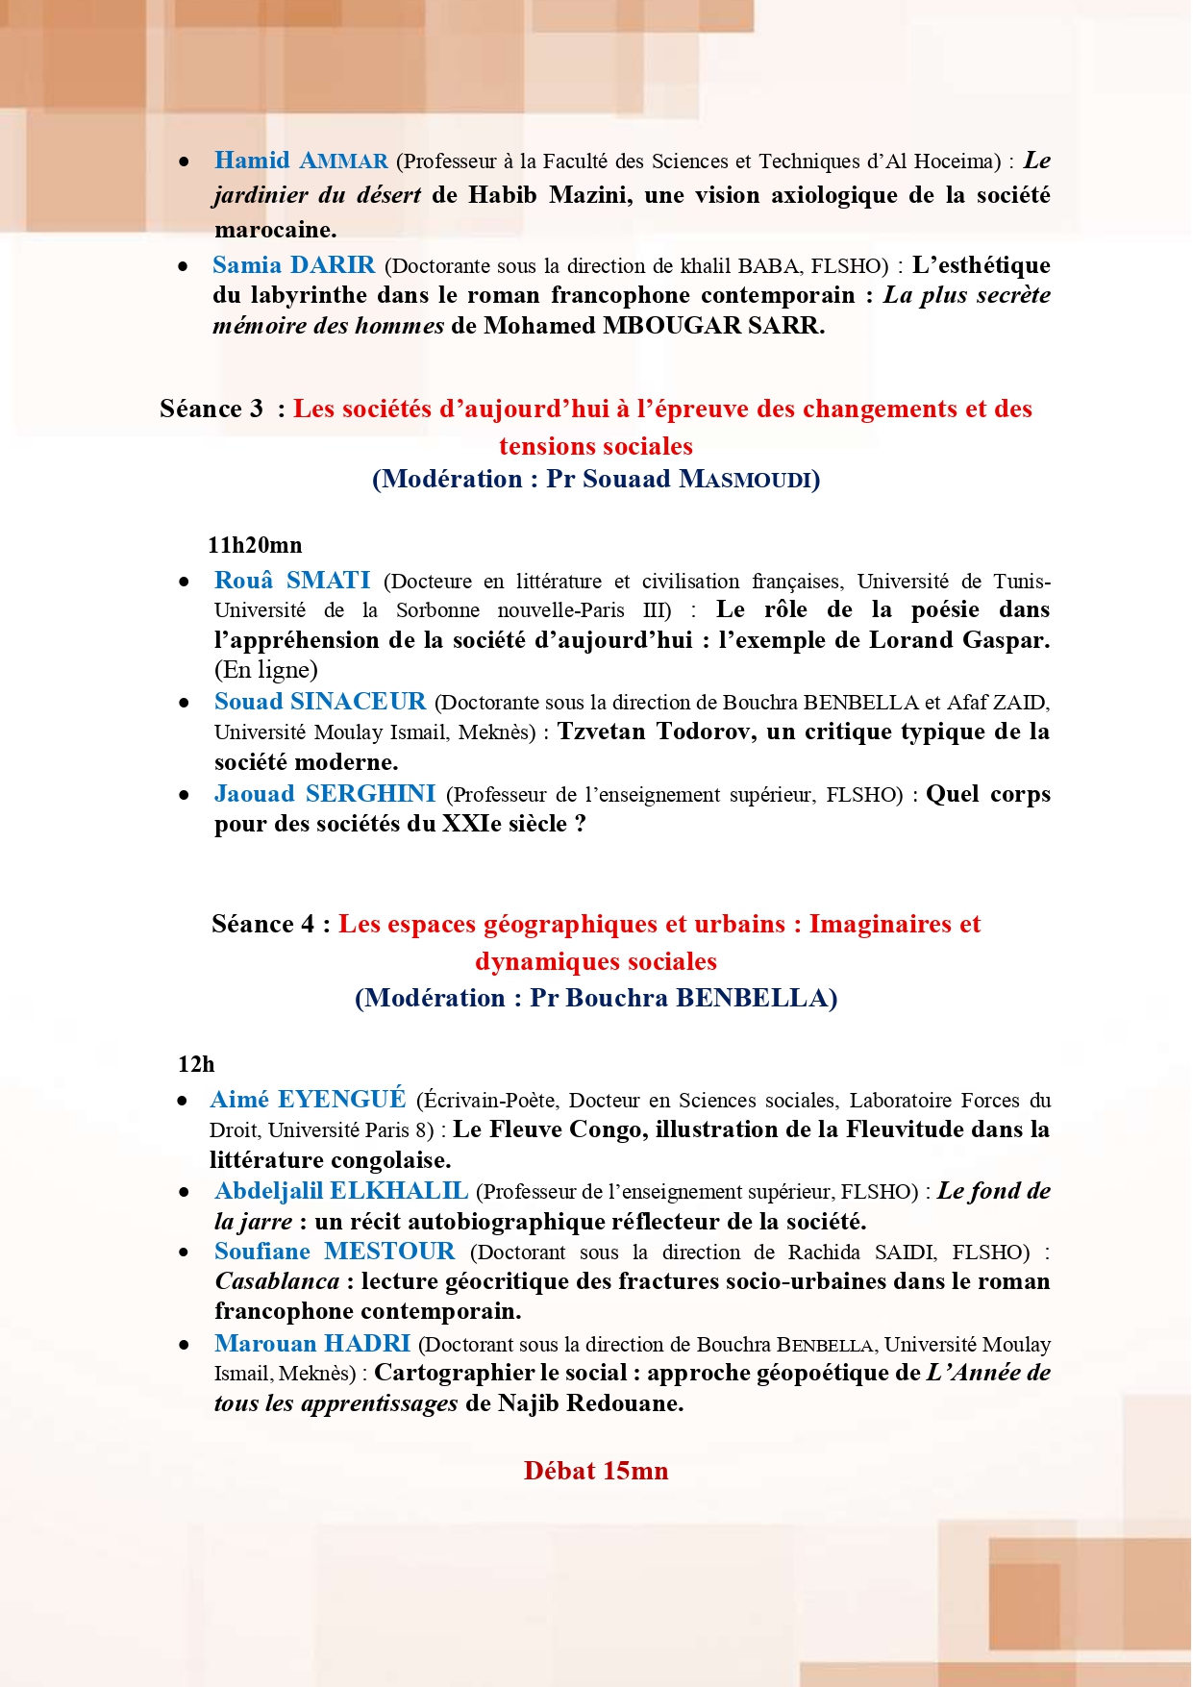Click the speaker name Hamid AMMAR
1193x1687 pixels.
pyautogui.click(x=301, y=161)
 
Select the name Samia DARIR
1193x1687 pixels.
pyautogui.click(x=293, y=265)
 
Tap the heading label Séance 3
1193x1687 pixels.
pyautogui.click(x=211, y=409)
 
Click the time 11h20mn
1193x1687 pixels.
pyautogui.click(x=255, y=545)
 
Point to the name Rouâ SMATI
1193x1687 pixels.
pyautogui.click(x=292, y=580)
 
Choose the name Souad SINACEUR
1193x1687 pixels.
pyautogui.click(x=319, y=702)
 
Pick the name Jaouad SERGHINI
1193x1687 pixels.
pyautogui.click(x=324, y=794)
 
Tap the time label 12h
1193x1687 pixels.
pyautogui.click(x=196, y=1064)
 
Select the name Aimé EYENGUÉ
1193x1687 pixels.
pyautogui.click(x=308, y=1100)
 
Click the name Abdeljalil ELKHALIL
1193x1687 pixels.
pyautogui.click(x=341, y=1191)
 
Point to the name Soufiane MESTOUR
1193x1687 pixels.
pyautogui.click(x=335, y=1252)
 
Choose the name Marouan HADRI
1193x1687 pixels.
pyautogui.click(x=312, y=1344)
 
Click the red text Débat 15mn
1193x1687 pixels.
pyautogui.click(x=596, y=1471)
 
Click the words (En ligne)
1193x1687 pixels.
pyautogui.click(x=265, y=670)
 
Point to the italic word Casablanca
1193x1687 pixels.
pyautogui.click(x=277, y=1281)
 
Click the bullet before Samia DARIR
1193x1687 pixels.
pyautogui.click(x=183, y=266)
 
